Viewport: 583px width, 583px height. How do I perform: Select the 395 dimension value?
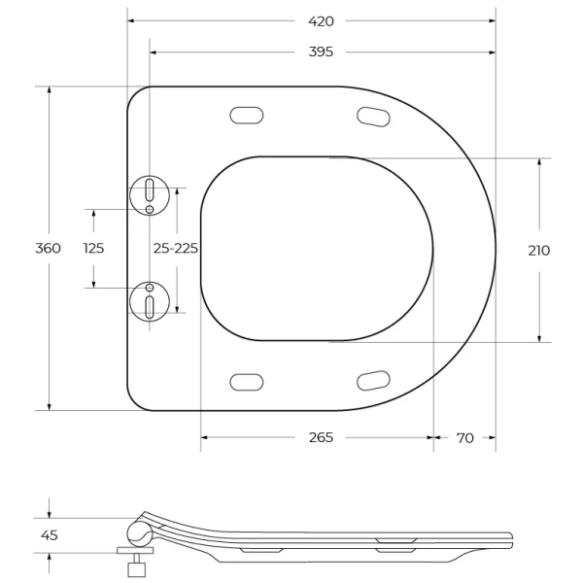[x=321, y=51]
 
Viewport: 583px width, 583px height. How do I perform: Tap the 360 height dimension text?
[x=49, y=248]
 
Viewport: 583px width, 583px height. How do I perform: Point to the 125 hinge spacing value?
[x=93, y=248]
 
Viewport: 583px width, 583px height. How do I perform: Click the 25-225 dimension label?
[x=176, y=248]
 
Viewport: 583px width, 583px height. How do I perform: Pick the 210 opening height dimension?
[x=538, y=251]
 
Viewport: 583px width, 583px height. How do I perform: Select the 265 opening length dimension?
[x=321, y=438]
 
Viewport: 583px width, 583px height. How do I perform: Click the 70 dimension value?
[x=464, y=438]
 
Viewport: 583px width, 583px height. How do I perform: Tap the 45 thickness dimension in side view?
[x=49, y=535]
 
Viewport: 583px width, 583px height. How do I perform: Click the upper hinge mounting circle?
[x=150, y=195]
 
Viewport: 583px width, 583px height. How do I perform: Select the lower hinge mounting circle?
[x=150, y=301]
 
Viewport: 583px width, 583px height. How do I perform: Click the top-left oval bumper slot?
[x=247, y=115]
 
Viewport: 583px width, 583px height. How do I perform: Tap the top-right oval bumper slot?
[x=373, y=117]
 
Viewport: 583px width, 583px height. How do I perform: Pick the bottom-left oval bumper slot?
[x=247, y=381]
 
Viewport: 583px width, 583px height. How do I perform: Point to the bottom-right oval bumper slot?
[x=373, y=380]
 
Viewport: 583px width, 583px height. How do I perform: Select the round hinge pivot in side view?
[x=138, y=532]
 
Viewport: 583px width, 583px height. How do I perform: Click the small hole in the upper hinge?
[x=150, y=209]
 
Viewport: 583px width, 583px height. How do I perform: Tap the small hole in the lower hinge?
[x=150, y=288]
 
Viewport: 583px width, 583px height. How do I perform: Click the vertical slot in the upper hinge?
[x=150, y=188]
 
